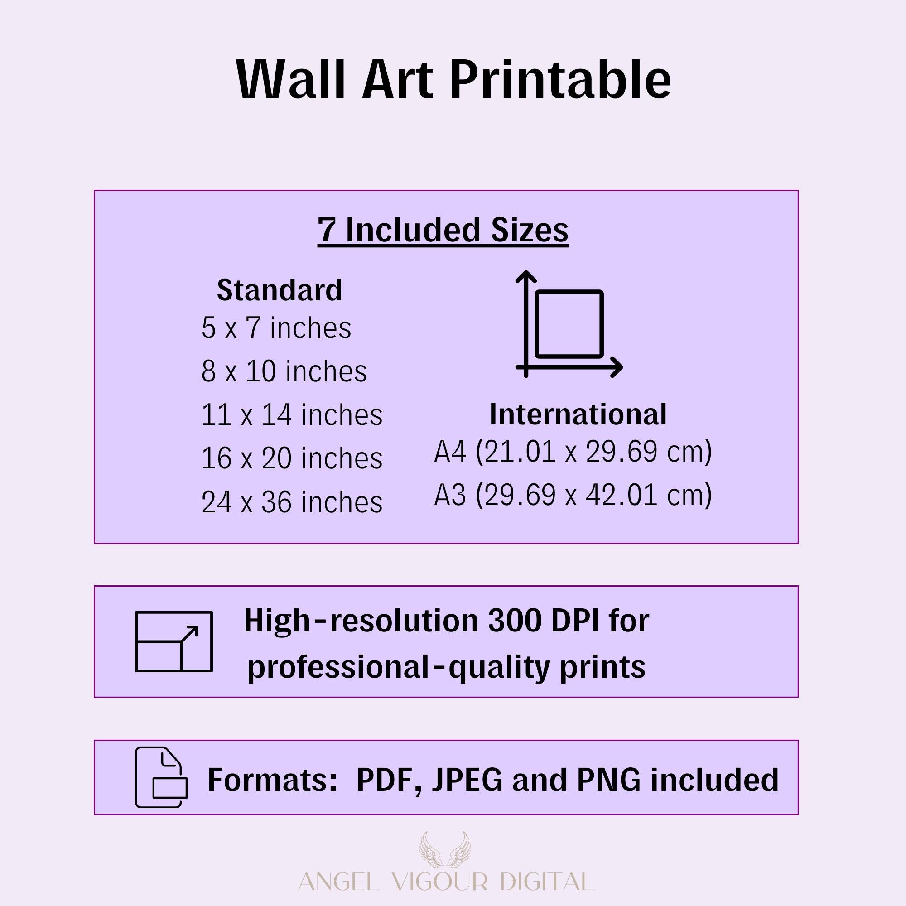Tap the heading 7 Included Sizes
(x=443, y=230)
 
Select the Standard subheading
(x=280, y=290)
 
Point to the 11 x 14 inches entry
(x=292, y=414)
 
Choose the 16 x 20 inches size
(x=292, y=458)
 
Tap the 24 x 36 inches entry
(x=292, y=502)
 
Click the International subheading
(x=578, y=414)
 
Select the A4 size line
(x=573, y=452)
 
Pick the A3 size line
(x=573, y=495)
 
